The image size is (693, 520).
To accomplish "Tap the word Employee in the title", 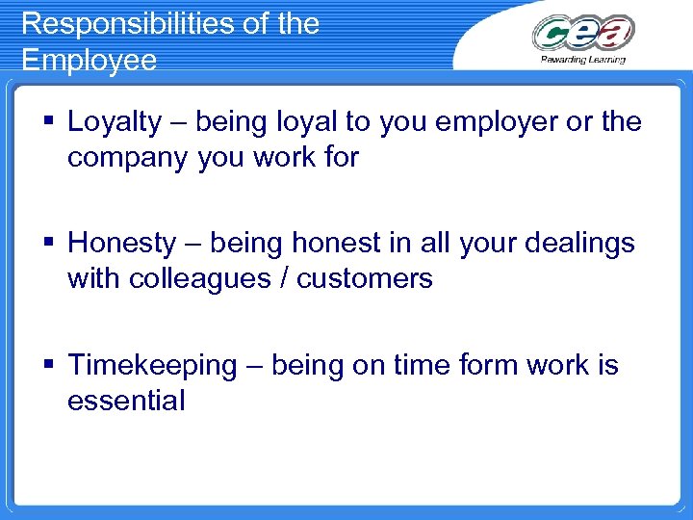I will [x=89, y=60].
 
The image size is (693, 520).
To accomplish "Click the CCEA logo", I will [x=583, y=33].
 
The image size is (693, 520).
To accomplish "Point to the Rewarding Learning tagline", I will [x=583, y=60].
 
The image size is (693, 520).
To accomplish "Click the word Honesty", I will [x=122, y=244].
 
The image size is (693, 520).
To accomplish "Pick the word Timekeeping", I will [x=152, y=366].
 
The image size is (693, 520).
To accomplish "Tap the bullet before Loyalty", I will [x=49, y=122].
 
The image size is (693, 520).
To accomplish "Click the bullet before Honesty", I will [x=49, y=244].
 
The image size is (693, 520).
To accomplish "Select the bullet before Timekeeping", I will [x=49, y=366].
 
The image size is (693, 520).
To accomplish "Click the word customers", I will [x=365, y=279].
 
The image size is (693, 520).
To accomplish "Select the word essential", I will [x=125, y=401].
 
